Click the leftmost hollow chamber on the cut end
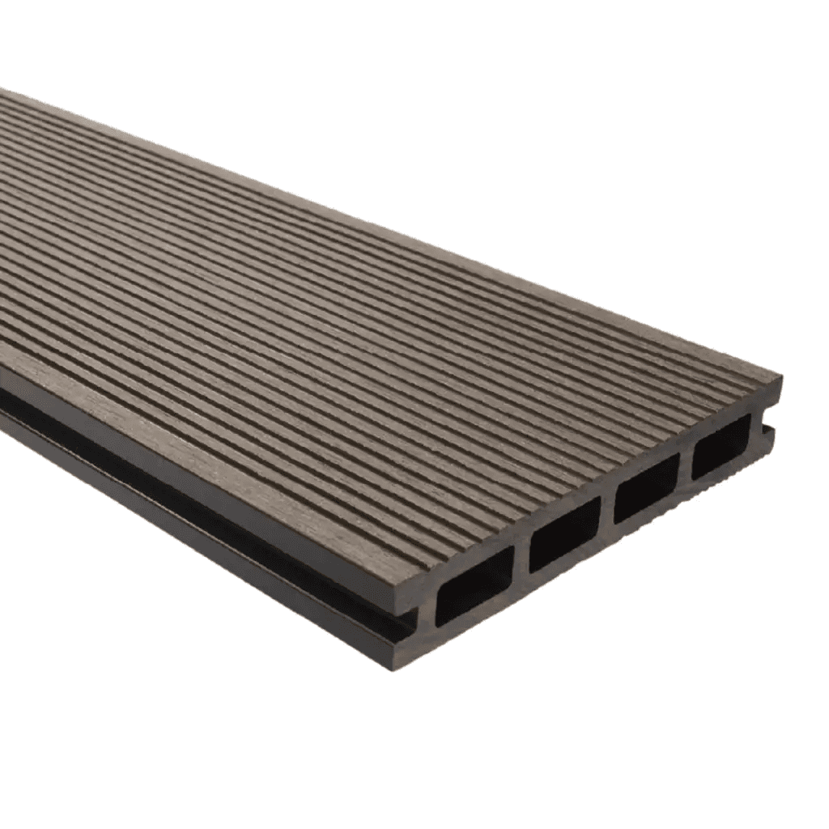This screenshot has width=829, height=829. [474, 585]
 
